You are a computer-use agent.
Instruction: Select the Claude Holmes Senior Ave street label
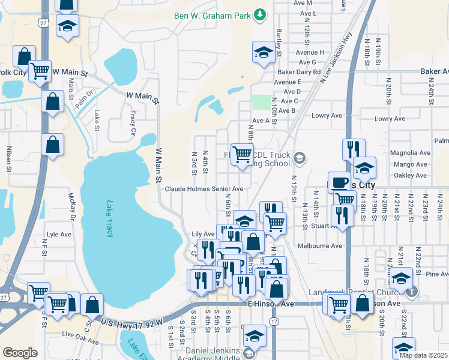pyautogui.click(x=204, y=188)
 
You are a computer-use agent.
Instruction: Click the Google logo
pyautogui.click(x=20, y=353)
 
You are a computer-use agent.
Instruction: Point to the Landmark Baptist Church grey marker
pyautogui.click(x=412, y=292)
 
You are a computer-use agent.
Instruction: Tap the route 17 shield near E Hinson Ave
pyautogui.click(x=274, y=322)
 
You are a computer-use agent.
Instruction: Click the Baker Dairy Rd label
pyautogui.click(x=297, y=71)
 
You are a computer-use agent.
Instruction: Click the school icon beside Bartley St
pyautogui.click(x=263, y=52)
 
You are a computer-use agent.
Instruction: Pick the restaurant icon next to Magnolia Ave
pyautogui.click(x=354, y=149)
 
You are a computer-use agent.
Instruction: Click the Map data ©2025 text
pyautogui.click(x=423, y=355)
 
